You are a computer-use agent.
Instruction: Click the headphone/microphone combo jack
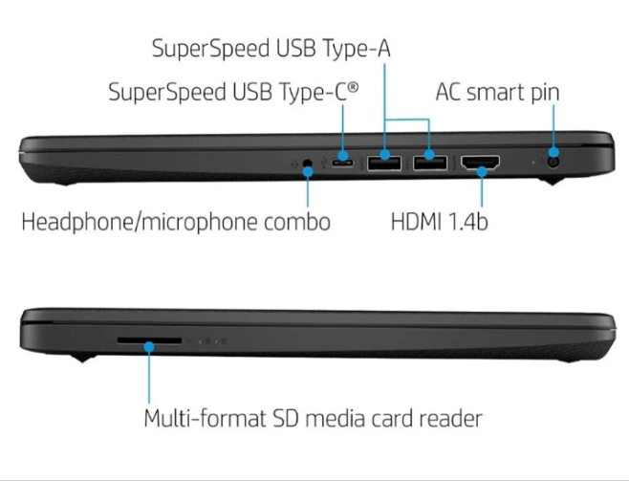point(308,164)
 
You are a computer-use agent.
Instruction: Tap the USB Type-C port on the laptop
point(344,164)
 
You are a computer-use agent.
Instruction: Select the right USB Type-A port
point(429,164)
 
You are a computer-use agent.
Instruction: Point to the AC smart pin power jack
point(553,162)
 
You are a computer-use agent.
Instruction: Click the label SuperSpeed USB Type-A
point(271,48)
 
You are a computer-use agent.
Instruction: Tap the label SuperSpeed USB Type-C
point(234,93)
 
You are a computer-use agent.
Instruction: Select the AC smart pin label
point(497,93)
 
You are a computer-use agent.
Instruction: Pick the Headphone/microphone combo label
point(176,222)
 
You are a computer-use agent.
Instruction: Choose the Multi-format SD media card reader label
point(313,419)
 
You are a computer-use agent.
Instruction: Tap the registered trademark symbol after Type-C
point(354,87)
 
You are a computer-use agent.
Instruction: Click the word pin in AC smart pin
point(541,94)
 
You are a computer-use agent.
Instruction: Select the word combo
point(299,222)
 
